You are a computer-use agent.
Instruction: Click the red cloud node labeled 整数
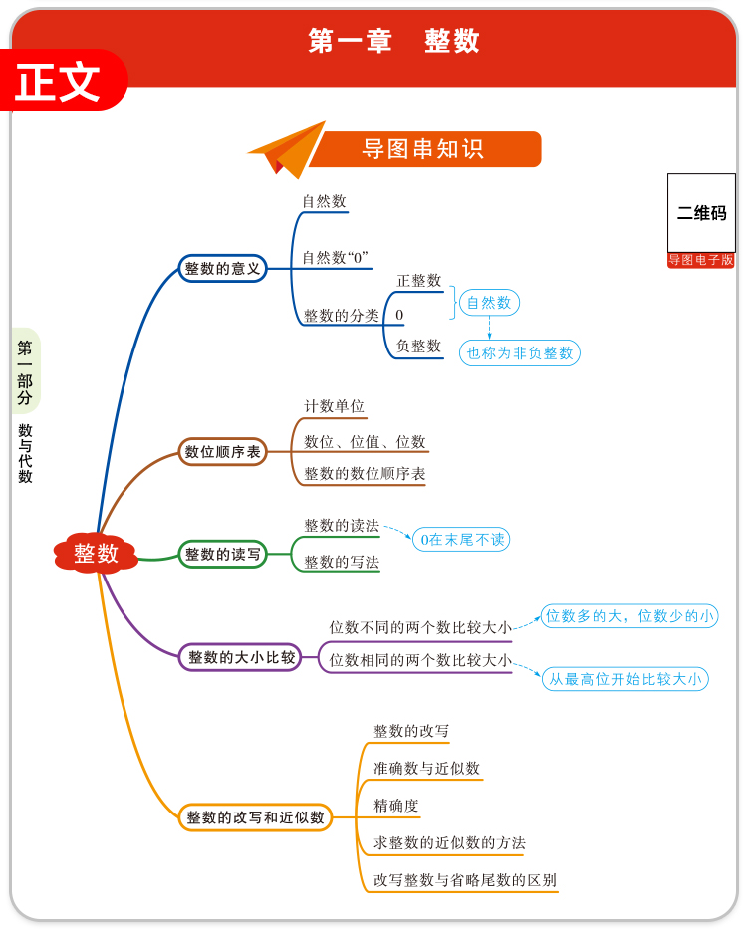pos(96,553)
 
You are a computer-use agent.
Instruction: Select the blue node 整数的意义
pos(222,269)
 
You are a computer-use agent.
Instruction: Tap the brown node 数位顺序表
pos(222,452)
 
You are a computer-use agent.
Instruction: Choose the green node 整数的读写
pos(222,554)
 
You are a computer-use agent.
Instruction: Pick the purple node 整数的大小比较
pos(240,657)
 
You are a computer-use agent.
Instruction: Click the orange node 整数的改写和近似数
pos(255,817)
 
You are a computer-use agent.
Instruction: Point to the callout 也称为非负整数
pos(520,353)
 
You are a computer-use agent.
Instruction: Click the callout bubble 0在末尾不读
pos(461,539)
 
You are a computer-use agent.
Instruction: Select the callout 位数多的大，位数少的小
pos(629,616)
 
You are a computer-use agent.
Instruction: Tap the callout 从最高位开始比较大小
pos(625,679)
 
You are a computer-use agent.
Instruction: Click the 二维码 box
pos(701,213)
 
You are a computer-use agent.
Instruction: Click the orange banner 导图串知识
pos(424,149)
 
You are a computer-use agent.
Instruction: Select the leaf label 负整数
pos(418,346)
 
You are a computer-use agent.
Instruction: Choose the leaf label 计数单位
pos(334,406)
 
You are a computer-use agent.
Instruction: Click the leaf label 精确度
pos(396,806)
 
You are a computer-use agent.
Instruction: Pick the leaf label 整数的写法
pos(342,562)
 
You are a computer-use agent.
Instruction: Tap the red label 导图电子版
pos(701,260)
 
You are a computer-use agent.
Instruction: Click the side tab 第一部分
pos(25,371)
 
